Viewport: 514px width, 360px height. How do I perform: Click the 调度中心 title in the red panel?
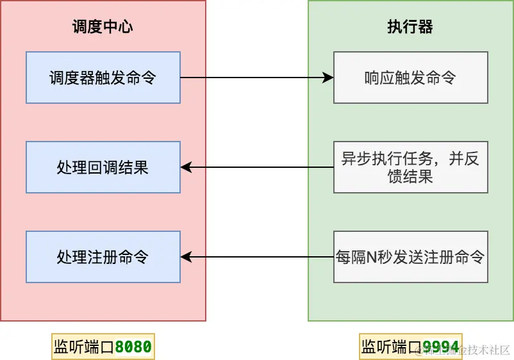103,27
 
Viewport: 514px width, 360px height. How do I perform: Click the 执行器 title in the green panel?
410,27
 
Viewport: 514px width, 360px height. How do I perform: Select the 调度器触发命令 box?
103,78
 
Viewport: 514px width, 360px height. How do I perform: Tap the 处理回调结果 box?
103,167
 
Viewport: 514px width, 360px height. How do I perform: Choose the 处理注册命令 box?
103,257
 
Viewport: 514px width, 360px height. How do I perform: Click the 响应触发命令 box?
410,78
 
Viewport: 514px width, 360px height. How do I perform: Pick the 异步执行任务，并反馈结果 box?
410,167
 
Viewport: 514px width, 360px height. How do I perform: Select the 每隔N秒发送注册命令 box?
410,257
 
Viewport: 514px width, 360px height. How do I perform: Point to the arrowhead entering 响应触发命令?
328,78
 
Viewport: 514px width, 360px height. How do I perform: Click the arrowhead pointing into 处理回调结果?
186,167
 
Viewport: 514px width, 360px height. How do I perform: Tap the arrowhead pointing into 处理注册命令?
186,257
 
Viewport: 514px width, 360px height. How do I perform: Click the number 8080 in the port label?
133,347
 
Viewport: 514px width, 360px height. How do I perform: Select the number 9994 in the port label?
441,347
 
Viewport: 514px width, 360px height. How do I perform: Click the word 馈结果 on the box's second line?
410,176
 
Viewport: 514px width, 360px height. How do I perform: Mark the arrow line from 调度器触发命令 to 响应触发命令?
256,78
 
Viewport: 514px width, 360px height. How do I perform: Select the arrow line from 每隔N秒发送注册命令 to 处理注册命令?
256,257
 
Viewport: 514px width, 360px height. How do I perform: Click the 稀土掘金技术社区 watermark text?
471,350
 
